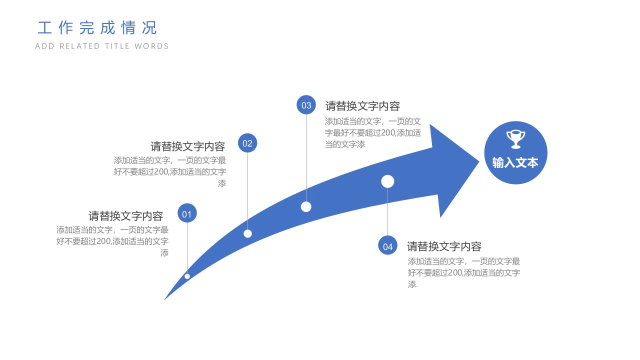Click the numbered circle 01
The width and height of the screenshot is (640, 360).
point(187,213)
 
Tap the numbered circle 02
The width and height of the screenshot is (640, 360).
point(247,143)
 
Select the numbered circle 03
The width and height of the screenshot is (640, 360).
point(306,105)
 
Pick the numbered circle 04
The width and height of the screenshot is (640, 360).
point(387,245)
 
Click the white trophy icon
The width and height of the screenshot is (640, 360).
point(515,139)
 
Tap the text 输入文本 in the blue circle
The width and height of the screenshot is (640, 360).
point(515,163)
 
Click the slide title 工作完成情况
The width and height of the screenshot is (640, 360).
point(97,27)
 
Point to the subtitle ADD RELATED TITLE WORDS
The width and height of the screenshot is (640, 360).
point(101,46)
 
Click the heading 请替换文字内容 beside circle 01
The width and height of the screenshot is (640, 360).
point(125,216)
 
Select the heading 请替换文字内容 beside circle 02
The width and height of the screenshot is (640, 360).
point(187,146)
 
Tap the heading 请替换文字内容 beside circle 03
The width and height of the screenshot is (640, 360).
point(362,106)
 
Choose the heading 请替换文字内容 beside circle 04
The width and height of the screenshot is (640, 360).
point(444,246)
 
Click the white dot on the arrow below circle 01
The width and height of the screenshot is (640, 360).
point(187,276)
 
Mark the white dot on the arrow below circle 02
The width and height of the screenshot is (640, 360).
point(247,233)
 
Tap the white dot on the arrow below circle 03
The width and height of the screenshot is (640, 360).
point(306,207)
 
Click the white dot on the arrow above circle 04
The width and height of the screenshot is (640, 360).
point(387,181)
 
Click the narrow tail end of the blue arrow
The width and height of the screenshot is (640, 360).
point(165,299)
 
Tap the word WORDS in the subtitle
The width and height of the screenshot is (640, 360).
point(151,46)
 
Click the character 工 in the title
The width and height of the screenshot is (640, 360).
point(44,28)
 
